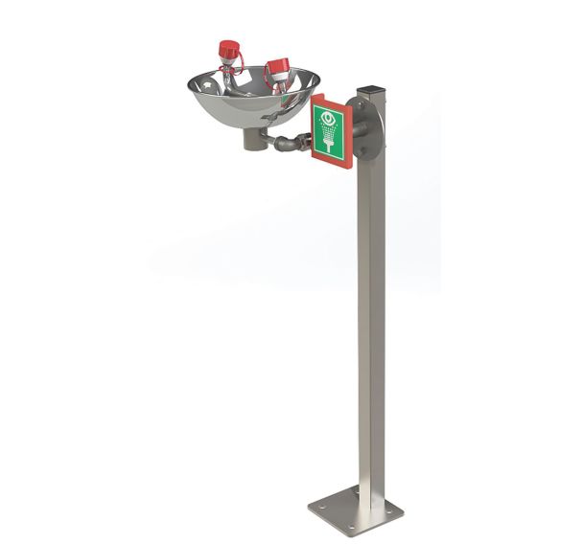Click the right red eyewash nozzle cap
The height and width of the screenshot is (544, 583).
click(277, 67)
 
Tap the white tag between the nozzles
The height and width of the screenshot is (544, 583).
click(251, 68)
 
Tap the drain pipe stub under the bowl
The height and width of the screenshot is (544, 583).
click(254, 141)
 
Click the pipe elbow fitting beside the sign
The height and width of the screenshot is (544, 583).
click(288, 145)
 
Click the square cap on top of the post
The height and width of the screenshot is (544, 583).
click(369, 94)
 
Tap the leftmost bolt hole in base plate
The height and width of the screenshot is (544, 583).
click(318, 510)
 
